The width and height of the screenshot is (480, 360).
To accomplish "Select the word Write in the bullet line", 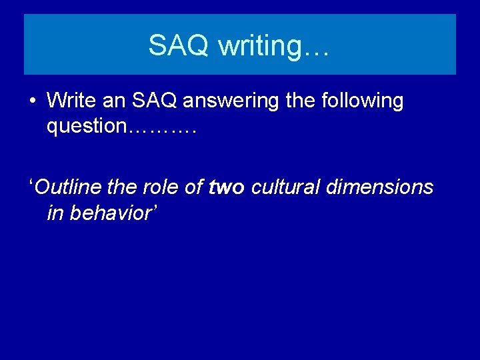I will coord(71,101).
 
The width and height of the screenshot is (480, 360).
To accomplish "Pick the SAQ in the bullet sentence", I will coord(155,101).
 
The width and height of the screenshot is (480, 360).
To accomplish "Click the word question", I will coord(85,127).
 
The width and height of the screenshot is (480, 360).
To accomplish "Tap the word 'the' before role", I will coord(122,187).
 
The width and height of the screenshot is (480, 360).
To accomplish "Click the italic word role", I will coord(161,187).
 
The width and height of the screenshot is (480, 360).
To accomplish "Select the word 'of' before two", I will coord(194,187).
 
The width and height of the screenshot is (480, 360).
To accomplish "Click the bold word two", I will coord(226,187).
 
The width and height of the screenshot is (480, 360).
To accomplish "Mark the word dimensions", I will coord(380,187).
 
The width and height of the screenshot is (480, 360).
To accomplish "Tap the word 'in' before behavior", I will coord(55,213).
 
